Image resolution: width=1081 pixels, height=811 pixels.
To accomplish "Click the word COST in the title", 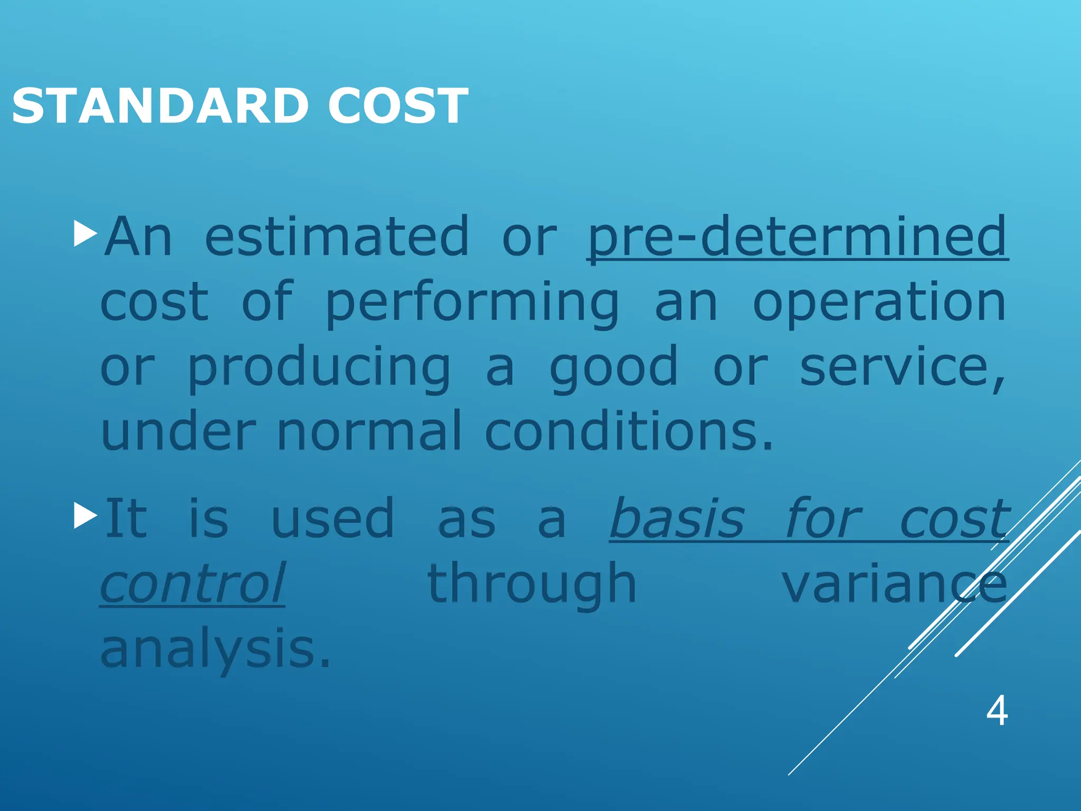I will (398, 107).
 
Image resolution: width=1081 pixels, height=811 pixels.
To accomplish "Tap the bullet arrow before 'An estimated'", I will (86, 234).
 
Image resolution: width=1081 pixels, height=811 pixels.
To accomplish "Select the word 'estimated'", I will (337, 237).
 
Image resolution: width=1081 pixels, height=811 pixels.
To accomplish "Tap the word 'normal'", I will (369, 431).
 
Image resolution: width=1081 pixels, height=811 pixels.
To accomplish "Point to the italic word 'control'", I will (193, 583).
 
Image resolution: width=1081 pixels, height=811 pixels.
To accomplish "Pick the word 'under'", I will (178, 431).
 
